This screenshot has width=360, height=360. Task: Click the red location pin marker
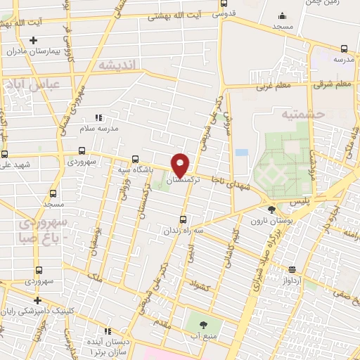click(x=180, y=165)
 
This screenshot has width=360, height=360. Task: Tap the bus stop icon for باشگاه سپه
click(x=135, y=158)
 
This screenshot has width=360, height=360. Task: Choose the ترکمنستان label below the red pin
click(x=182, y=181)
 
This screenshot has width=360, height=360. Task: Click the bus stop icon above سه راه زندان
click(x=184, y=219)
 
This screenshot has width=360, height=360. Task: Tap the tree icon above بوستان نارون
click(x=272, y=210)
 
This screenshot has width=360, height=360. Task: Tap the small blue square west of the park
click(x=242, y=152)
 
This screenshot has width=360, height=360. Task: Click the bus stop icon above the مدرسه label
click(x=343, y=49)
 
